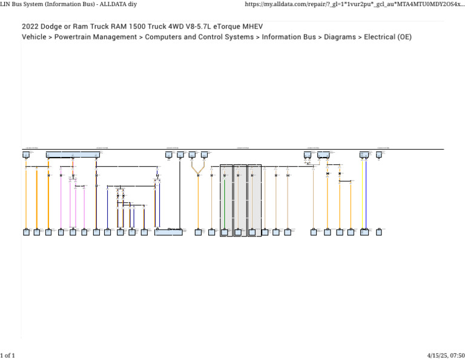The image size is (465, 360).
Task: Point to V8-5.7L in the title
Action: (192, 27)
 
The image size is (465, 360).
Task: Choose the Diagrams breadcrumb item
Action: (340, 37)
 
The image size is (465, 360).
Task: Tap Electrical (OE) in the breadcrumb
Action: (387, 37)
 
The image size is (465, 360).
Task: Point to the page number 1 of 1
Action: (8, 355)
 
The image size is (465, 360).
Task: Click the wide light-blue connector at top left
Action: (73, 155)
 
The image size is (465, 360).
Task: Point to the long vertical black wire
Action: (180, 194)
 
